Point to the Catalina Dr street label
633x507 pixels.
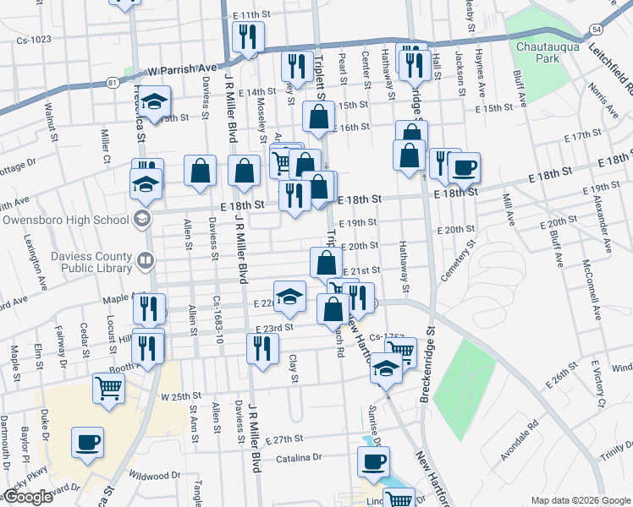tap(300, 458)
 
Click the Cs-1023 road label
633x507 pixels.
tap(33, 40)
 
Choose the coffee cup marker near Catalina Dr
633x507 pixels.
tap(373, 461)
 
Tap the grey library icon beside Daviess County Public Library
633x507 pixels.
tap(145, 259)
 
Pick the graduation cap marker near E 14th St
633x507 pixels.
tap(155, 102)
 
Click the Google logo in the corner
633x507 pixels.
tap(27, 498)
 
